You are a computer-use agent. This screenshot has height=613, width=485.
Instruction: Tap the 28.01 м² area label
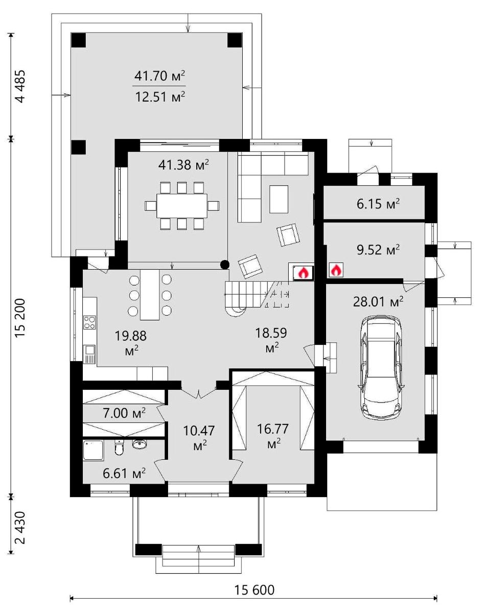(x=378, y=301)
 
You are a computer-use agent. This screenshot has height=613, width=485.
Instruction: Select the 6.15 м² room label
(x=378, y=204)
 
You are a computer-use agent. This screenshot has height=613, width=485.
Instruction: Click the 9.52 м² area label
(x=378, y=249)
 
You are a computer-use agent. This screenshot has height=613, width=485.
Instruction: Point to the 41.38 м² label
(x=184, y=164)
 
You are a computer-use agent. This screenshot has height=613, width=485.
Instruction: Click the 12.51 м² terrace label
(x=160, y=97)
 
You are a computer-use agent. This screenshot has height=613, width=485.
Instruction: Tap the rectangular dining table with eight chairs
(x=182, y=206)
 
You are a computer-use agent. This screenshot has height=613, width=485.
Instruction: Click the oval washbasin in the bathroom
(x=140, y=444)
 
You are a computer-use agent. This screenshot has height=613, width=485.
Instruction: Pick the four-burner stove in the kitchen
(x=89, y=323)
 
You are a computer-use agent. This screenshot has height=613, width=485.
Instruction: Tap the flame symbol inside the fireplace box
(x=304, y=273)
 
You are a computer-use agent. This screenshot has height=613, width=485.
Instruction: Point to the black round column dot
(x=225, y=265)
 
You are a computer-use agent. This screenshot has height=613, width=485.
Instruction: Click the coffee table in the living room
(x=279, y=199)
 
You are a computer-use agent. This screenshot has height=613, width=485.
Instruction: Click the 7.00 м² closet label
(x=124, y=413)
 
